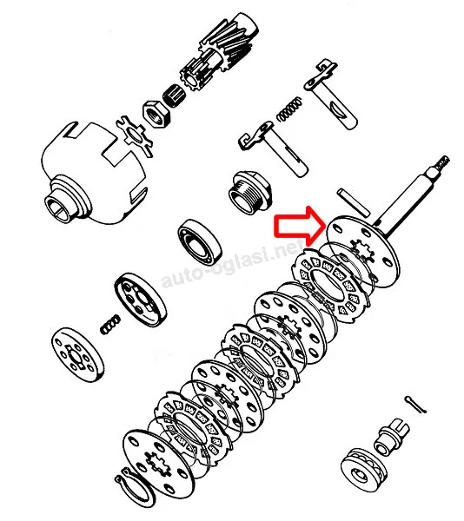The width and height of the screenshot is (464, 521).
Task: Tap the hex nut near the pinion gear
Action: [x=156, y=113]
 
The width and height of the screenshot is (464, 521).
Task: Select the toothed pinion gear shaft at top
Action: [x=219, y=53]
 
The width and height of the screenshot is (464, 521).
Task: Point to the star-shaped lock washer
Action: [x=135, y=136]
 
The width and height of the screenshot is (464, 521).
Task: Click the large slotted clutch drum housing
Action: [x=93, y=173]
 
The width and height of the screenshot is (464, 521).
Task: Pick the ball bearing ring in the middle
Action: [x=200, y=242]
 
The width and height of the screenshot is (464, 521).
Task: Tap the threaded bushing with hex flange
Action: [x=250, y=192]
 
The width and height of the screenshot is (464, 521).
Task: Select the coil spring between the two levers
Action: [x=289, y=109]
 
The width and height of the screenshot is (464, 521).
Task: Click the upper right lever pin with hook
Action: [x=331, y=95]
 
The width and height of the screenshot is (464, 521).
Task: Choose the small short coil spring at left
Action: [x=110, y=324]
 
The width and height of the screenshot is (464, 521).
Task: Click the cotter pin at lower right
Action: [x=415, y=405]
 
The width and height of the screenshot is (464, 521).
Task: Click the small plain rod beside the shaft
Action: [x=354, y=202]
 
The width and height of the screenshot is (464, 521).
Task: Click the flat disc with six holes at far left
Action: [x=78, y=354]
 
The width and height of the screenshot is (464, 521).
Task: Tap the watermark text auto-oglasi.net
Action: [x=232, y=263]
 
